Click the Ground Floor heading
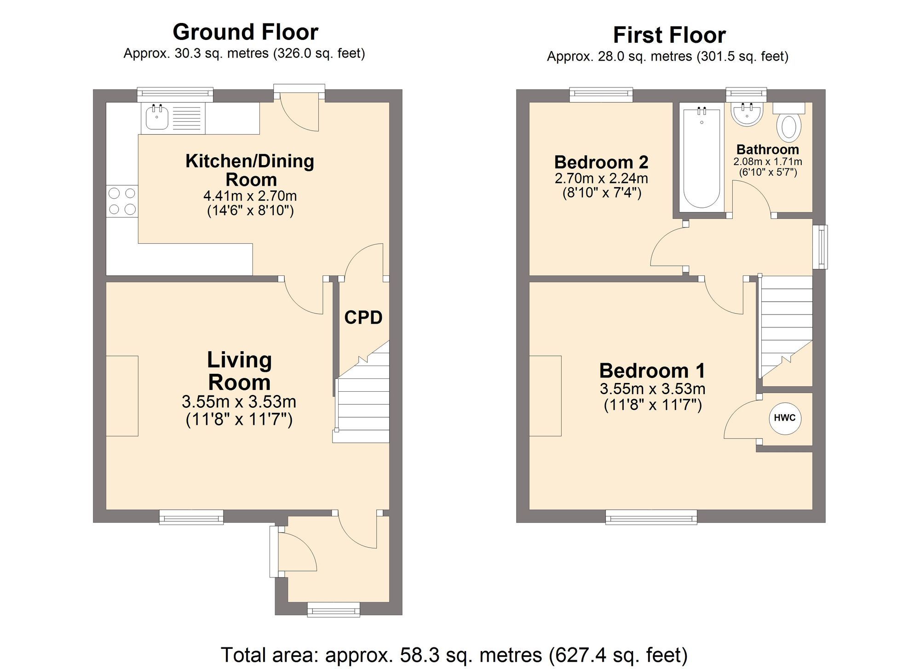(245, 32)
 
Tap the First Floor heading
(669, 35)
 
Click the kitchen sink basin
(157, 118)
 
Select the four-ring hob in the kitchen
(122, 201)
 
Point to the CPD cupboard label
(363, 318)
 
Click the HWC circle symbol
(785, 418)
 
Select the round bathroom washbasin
(747, 114)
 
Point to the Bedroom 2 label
(601, 162)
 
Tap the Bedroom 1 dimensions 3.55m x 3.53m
(652, 389)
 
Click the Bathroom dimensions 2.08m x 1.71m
(767, 162)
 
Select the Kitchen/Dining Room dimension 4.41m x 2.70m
(250, 196)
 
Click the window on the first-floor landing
(820, 246)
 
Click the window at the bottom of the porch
(333, 611)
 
